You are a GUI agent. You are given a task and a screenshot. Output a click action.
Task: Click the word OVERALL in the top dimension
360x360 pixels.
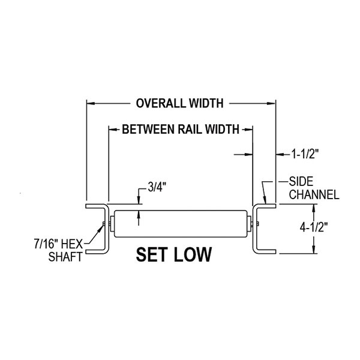(x=157, y=103)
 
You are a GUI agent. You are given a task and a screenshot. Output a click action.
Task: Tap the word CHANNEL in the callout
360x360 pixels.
(x=314, y=194)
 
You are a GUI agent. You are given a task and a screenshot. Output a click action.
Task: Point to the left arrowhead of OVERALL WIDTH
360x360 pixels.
(x=90, y=103)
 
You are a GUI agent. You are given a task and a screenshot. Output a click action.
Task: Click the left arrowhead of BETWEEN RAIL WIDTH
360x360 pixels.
(x=112, y=128)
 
